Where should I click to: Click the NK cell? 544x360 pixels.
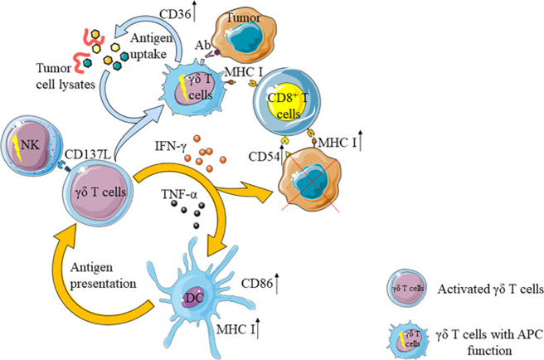(32, 146)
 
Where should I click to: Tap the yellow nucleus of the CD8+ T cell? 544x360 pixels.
(287, 104)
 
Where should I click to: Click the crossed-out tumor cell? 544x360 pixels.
(309, 179)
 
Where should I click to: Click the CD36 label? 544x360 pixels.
(175, 14)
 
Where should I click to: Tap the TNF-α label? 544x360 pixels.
(179, 194)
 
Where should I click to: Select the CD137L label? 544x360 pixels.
(88, 154)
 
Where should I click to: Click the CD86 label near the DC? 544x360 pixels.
(257, 284)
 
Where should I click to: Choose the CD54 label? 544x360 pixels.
(264, 157)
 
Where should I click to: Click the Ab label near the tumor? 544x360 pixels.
(203, 45)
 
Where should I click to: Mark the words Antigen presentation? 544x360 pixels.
(103, 275)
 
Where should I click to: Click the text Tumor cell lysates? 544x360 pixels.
(66, 76)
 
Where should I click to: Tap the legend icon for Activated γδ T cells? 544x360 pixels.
(407, 288)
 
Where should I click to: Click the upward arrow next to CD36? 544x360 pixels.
(195, 11)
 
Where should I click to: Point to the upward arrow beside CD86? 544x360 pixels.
(277, 284)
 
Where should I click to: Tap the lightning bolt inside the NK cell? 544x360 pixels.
(17, 148)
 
